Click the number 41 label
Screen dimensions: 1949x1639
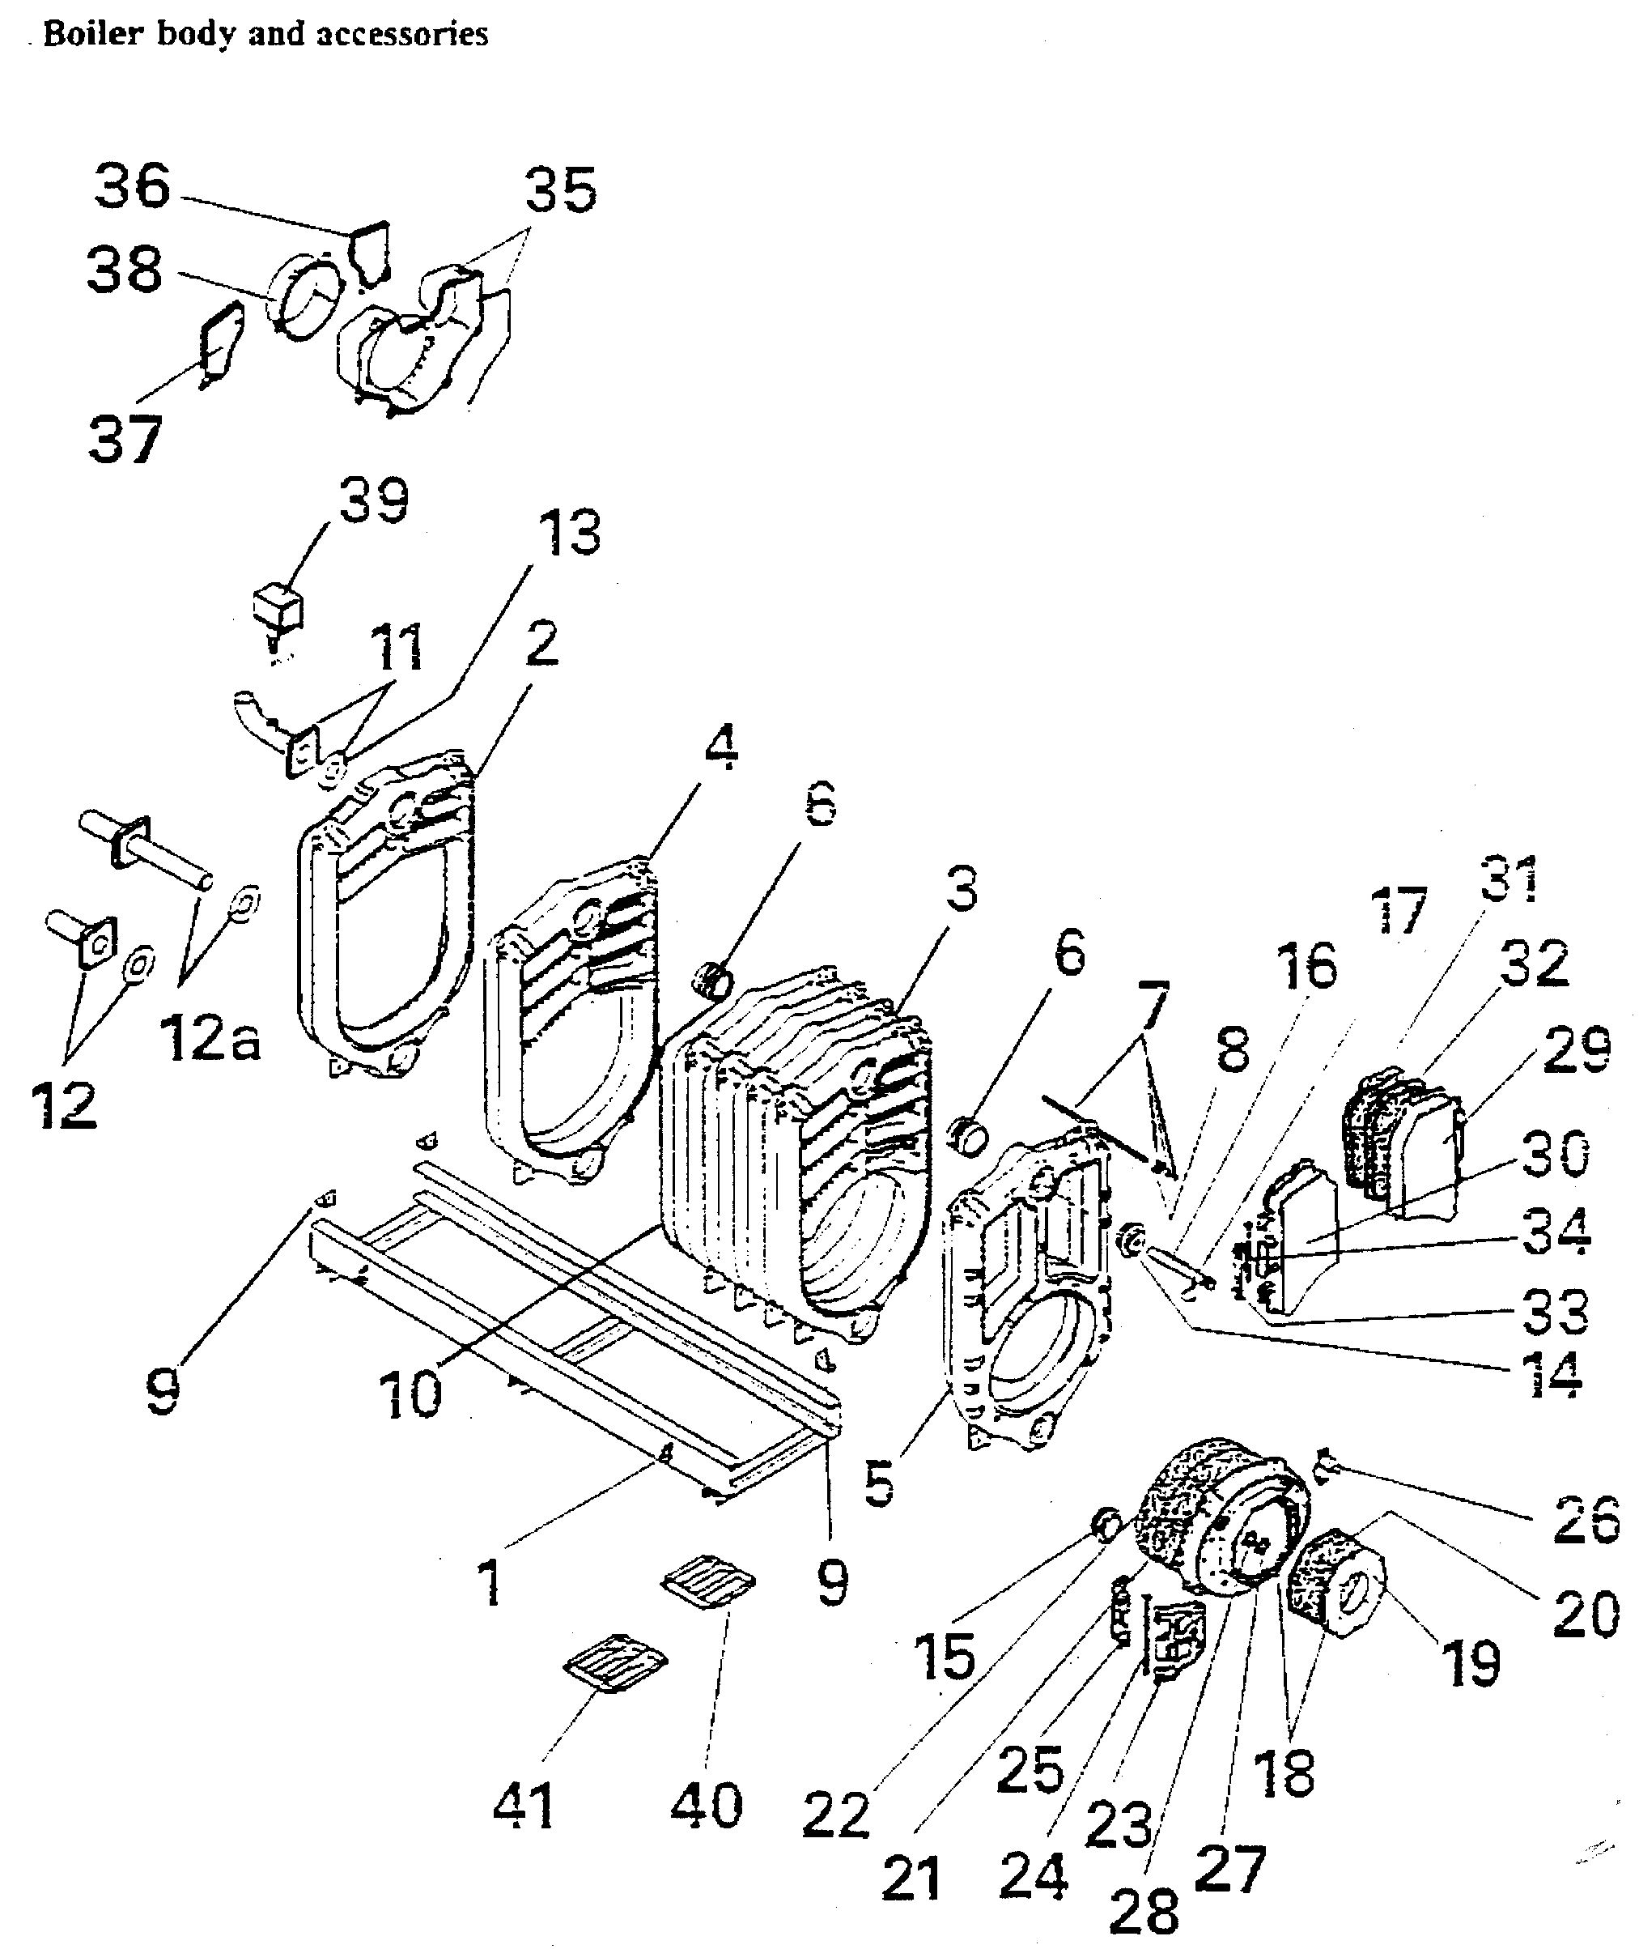(x=524, y=1806)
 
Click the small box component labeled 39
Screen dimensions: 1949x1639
(x=277, y=607)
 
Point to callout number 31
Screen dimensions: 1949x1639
(x=1509, y=879)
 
